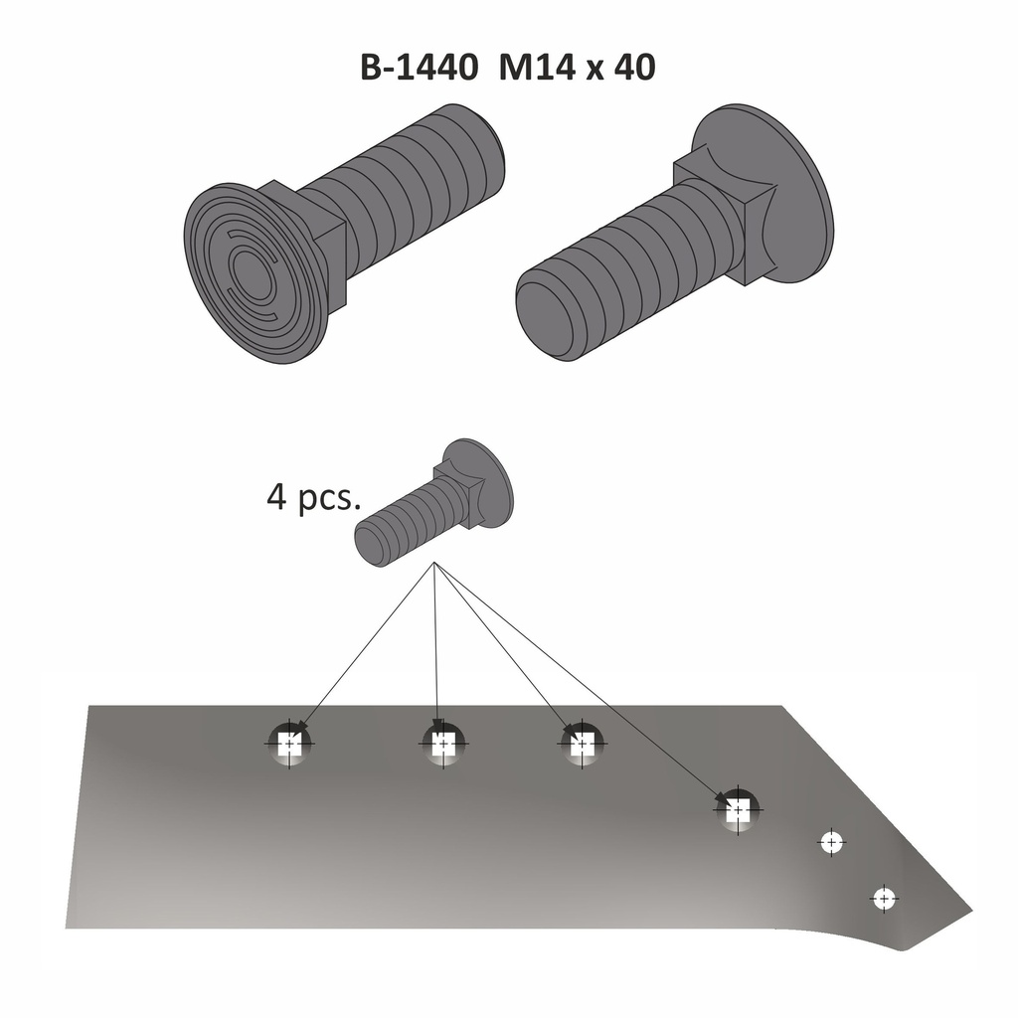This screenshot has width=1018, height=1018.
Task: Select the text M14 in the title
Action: click(x=538, y=69)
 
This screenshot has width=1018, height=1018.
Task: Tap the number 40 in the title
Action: click(x=634, y=69)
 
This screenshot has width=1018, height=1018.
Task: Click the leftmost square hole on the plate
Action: click(x=289, y=743)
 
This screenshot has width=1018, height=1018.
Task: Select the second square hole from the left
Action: click(x=442, y=742)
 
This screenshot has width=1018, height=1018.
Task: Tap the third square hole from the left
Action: click(x=583, y=742)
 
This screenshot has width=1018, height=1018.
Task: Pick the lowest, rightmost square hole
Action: click(x=738, y=810)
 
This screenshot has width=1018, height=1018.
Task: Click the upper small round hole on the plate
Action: click(x=831, y=842)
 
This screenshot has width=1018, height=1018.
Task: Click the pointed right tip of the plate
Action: click(x=966, y=910)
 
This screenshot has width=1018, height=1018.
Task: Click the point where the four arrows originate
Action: click(x=434, y=565)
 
